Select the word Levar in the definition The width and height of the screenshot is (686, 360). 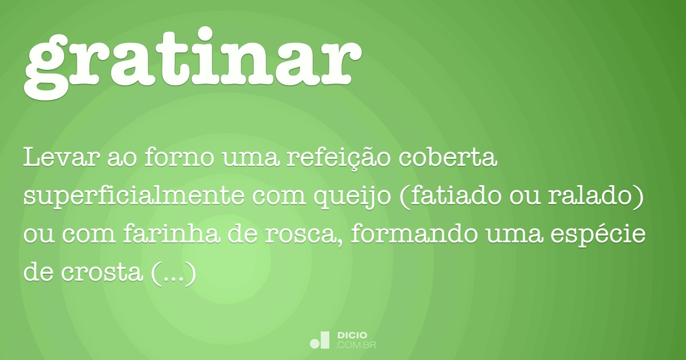[x=61, y=158]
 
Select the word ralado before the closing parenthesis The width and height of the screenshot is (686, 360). [x=601, y=197]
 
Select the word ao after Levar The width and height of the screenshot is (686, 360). [x=119, y=158]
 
